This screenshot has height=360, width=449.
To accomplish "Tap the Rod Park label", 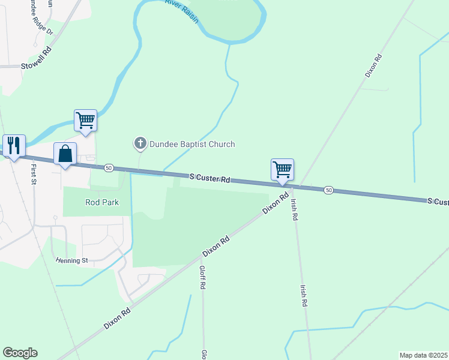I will coord(102,202).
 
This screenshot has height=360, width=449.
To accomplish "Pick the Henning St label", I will coord(71,260).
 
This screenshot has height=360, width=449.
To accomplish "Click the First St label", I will coord(34,174).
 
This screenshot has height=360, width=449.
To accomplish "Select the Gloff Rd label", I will coord(203,278).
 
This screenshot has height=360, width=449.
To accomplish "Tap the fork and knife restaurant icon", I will coord(14,145).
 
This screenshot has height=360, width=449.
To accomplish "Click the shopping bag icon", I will coord(65,154).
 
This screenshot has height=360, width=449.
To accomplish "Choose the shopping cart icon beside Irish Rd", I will coord(282,169).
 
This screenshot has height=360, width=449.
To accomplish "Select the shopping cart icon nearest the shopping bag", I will coord(85,120).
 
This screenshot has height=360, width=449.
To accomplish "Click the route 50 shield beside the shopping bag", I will coord(108,167).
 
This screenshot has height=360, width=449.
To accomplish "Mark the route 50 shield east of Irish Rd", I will coord(328,190).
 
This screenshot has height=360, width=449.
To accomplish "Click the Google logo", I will coord(20,353).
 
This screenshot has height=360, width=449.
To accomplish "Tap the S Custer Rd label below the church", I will coord(210,178).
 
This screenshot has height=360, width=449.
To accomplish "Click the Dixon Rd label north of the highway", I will coord(373,66).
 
